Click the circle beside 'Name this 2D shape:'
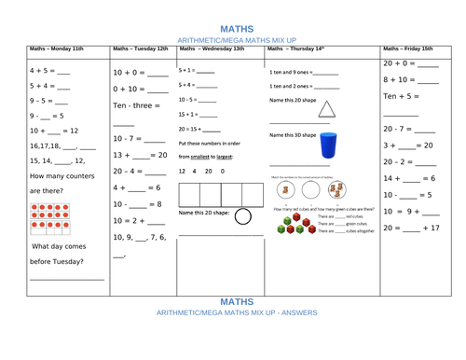[242, 217]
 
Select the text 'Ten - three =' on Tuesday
[135, 104]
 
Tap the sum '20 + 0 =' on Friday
[400, 63]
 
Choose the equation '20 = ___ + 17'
[410, 228]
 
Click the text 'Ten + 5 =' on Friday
[402, 95]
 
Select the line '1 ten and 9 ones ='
[289, 71]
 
